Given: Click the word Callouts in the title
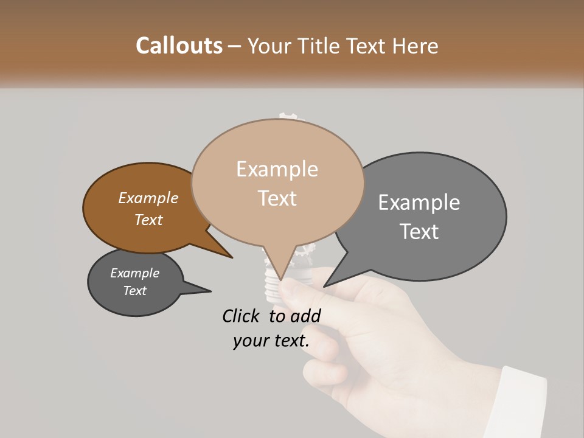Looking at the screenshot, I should click(179, 46).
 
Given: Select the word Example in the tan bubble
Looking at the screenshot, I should click(277, 169).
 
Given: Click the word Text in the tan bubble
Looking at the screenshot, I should click(277, 198).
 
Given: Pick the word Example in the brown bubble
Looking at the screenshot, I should click(148, 198).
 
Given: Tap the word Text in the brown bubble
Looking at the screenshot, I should click(148, 220).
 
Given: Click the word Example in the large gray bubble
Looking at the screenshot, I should click(419, 203).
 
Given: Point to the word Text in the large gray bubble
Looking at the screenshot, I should click(419, 232).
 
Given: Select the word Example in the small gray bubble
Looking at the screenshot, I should click(134, 273).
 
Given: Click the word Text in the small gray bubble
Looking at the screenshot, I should click(134, 291).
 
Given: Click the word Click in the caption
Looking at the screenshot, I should click(243, 316).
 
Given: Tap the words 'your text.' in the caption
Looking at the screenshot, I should click(271, 341).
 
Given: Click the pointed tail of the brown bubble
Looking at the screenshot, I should click(230, 256).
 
